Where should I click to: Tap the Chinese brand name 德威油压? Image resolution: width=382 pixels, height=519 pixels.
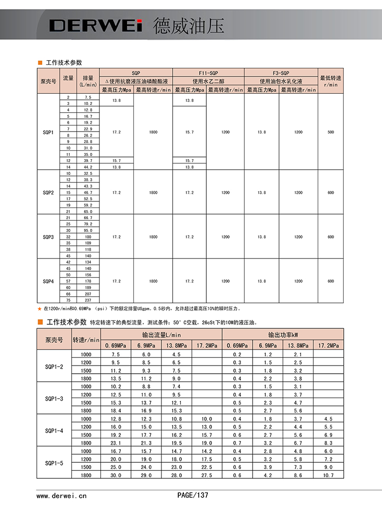pos(188,25)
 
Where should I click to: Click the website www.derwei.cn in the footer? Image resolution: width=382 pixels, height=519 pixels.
pos(62,495)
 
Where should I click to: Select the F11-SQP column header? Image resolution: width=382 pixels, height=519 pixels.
pos(208,72)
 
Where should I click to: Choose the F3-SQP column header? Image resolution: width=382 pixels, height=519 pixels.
pos(281,72)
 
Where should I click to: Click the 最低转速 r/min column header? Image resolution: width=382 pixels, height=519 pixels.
pos(331,81)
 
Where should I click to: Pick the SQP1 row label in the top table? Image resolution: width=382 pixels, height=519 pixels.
pos(48,132)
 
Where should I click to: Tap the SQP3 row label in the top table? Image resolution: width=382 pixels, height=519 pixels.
pos(48,237)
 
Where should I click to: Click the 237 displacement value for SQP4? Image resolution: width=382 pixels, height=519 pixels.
pos(88,300)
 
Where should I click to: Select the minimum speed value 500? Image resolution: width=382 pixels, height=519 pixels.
pos(331,132)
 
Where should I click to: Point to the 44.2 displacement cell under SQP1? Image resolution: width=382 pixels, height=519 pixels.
pos(88,167)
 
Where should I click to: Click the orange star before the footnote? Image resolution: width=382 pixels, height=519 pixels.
pos(40,308)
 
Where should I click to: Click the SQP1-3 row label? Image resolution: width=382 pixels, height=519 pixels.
pos(54,398)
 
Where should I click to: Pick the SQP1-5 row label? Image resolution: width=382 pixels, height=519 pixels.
pos(54,463)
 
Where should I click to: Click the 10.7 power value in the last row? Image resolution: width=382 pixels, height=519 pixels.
pos(329,475)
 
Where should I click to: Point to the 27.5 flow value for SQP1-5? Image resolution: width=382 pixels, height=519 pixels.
pos(207,475)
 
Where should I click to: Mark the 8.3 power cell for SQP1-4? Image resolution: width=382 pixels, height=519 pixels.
pos(329,443)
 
